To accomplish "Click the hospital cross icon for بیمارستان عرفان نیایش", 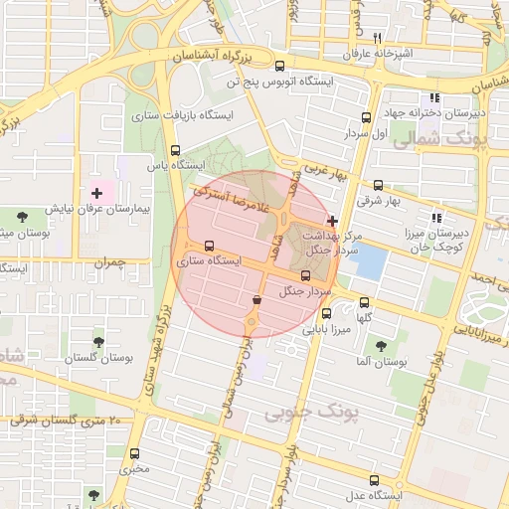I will (95, 192).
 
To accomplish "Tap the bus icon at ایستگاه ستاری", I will (208, 246).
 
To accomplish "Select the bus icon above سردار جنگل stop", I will (304, 275).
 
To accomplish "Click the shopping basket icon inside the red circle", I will (257, 299).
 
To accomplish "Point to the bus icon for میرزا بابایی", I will (326, 313).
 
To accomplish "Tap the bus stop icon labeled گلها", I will (363, 302).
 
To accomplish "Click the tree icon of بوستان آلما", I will (381, 346).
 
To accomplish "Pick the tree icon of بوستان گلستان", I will (97, 341).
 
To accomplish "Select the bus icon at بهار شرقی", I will (378, 185).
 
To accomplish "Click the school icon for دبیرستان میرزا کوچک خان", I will (435, 218).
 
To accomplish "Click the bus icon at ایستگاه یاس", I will (176, 151).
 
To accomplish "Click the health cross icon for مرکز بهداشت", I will (332, 221).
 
